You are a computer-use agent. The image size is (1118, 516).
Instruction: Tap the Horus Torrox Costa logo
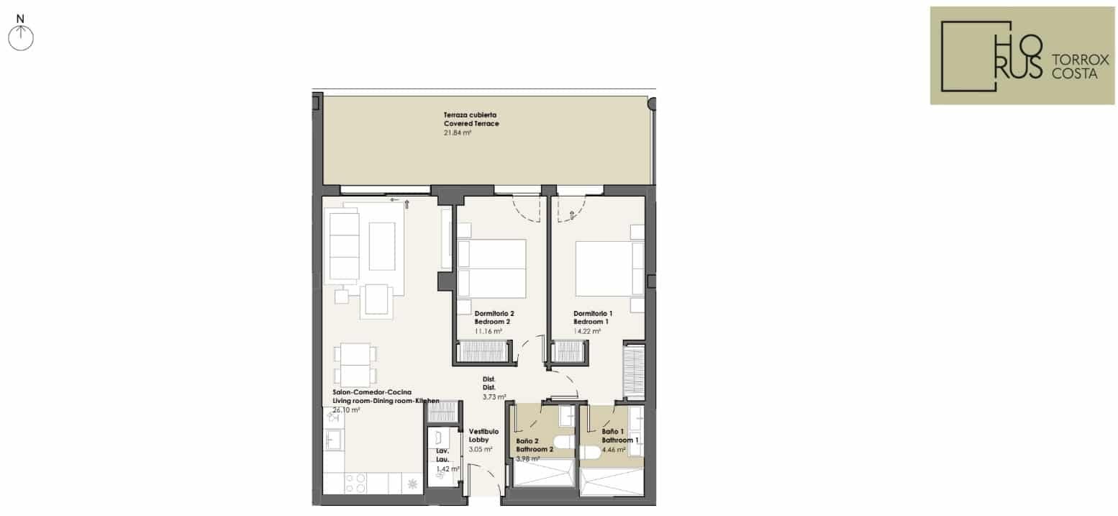[1022, 55]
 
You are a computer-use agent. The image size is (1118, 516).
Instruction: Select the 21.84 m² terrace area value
[457, 132]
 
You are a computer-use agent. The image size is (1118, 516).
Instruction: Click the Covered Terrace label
[471, 123]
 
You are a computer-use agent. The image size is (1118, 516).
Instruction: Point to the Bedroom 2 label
[492, 322]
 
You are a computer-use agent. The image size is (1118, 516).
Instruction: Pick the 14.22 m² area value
[587, 331]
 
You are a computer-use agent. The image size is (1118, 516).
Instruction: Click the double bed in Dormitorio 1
[609, 269]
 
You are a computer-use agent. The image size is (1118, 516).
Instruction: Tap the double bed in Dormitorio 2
[491, 269]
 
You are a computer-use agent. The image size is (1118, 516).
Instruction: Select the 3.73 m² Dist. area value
[494, 397]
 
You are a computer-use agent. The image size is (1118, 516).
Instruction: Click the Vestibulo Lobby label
[483, 435]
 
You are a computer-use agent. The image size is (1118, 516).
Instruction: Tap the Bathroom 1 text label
[620, 440]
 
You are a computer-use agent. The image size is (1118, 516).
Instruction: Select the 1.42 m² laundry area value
[447, 469]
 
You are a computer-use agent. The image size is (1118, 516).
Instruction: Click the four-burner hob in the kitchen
[355, 483]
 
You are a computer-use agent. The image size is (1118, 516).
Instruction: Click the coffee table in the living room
[382, 247]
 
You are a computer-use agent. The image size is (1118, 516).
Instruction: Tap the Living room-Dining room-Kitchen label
[386, 401]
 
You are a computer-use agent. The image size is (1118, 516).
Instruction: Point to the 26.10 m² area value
[346, 410]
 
